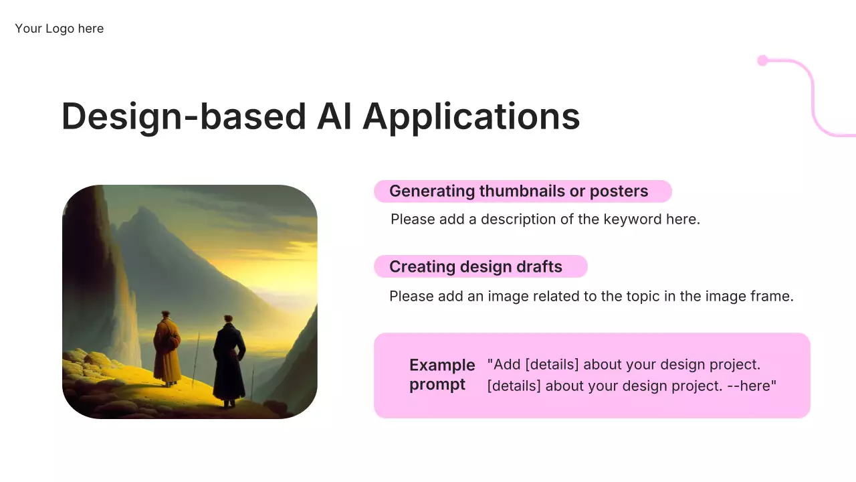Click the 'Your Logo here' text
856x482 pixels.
[60, 28]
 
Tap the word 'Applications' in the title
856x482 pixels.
[471, 117]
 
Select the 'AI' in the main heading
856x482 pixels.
[334, 116]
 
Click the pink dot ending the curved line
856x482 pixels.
[763, 60]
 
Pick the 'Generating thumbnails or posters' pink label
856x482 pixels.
[523, 191]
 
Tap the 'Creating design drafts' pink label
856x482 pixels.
[480, 266]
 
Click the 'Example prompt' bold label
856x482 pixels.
[442, 375]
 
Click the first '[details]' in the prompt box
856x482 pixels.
[552, 365]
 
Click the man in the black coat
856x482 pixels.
[229, 361]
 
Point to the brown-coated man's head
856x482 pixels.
[165, 315]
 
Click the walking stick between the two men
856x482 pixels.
[196, 359]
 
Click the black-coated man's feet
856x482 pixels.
[228, 404]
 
